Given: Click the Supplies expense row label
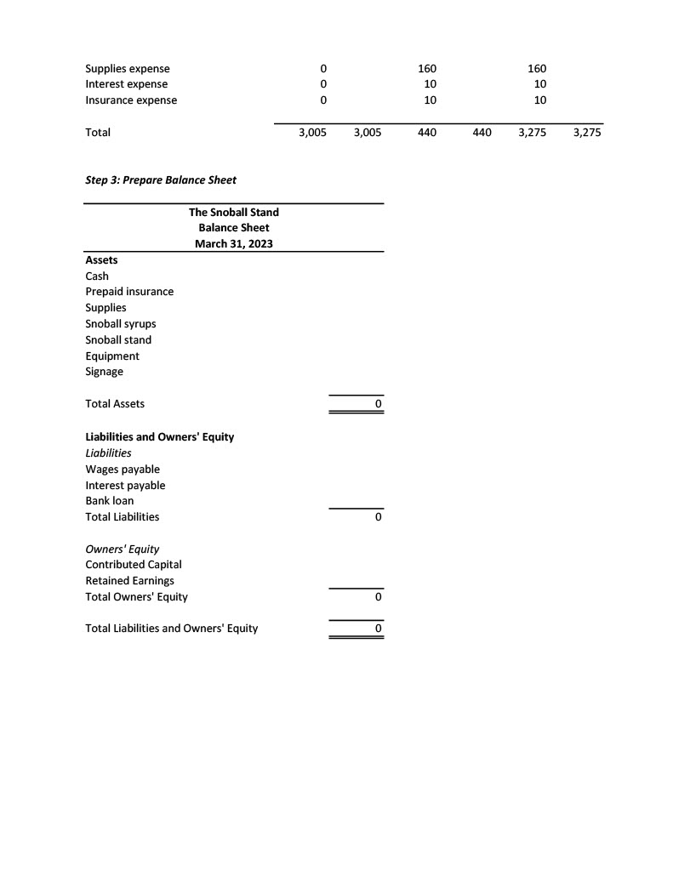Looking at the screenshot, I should click(128, 68).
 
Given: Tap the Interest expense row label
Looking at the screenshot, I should click(126, 84).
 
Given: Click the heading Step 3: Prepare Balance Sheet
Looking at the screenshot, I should click(161, 179).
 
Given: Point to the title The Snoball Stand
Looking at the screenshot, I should click(233, 212).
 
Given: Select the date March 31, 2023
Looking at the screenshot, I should click(233, 244).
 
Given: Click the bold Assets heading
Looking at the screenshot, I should click(101, 259).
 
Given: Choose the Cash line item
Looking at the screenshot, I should click(97, 276).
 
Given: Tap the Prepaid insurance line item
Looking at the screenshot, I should click(129, 292).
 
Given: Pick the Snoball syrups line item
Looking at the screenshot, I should click(121, 324).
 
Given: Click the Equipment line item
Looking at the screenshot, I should click(112, 356).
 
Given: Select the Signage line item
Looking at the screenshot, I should click(104, 372).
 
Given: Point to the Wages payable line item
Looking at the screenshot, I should click(123, 470).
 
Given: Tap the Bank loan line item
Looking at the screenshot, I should click(110, 501).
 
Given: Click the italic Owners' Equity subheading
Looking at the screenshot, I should click(123, 549).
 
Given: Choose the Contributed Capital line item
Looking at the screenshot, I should click(134, 565).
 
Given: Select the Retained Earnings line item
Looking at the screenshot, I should click(129, 581).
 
